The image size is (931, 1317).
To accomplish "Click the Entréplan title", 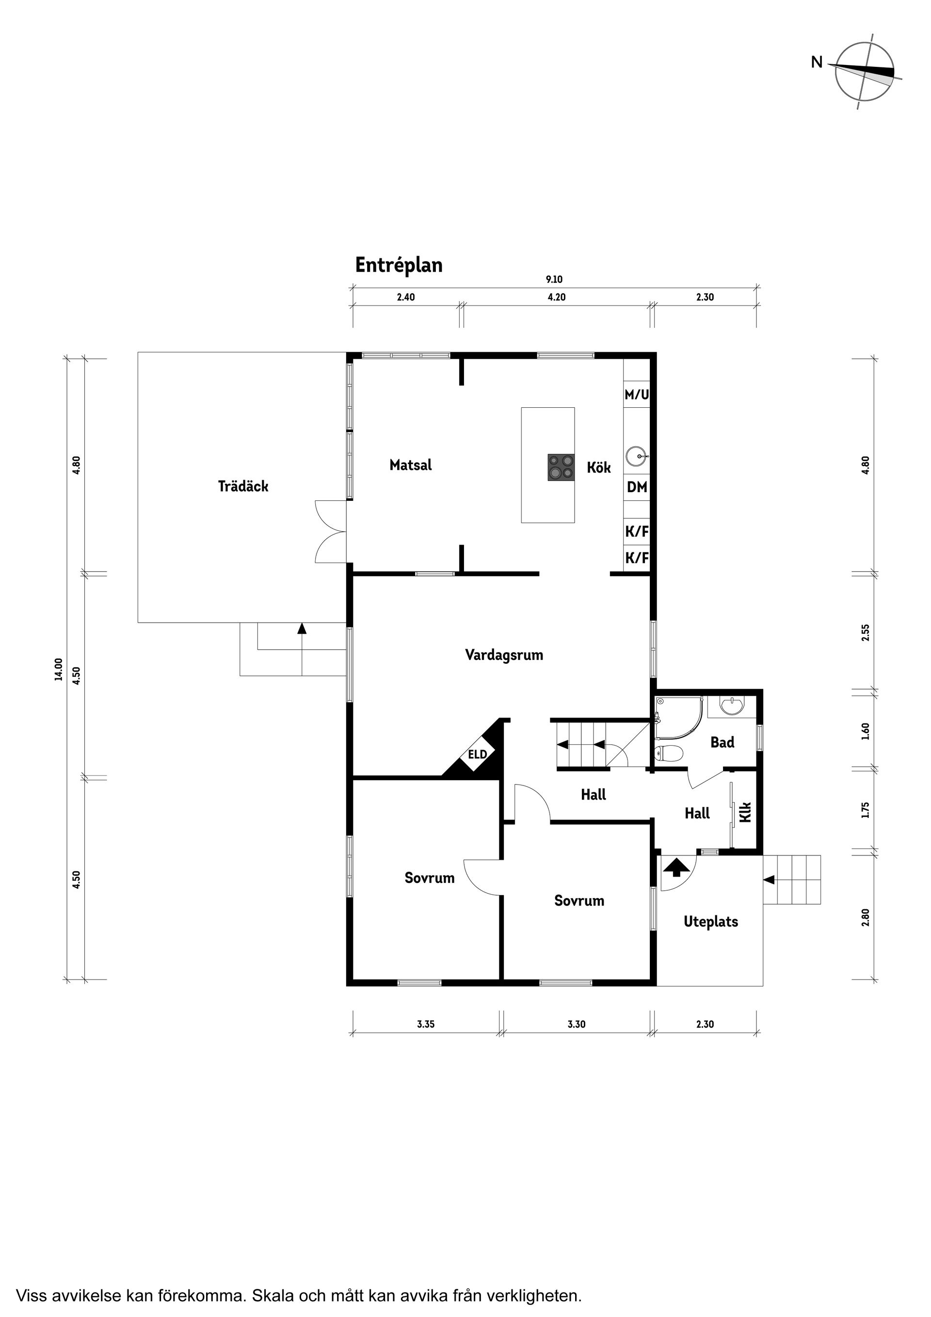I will (399, 265).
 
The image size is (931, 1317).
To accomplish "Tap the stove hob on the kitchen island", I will (561, 467).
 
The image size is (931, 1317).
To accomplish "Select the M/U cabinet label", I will (636, 395).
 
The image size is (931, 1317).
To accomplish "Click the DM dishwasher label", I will (637, 487).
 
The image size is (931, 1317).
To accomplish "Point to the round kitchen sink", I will (636, 457).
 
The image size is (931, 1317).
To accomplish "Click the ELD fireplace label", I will (477, 755).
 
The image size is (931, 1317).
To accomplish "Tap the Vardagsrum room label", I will (504, 655).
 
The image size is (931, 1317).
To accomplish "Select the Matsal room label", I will (410, 465).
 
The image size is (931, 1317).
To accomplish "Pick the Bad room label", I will (722, 742).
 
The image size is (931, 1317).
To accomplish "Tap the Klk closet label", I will (745, 812).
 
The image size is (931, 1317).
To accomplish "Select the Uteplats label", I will (711, 922).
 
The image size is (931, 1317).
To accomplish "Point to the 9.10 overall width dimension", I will (554, 280).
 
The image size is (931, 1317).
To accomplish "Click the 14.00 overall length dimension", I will (58, 669).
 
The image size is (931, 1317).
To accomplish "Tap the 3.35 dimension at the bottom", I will (426, 1024).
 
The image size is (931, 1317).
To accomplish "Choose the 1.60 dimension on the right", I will (866, 731).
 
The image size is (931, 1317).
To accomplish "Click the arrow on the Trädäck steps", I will (302, 628).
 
